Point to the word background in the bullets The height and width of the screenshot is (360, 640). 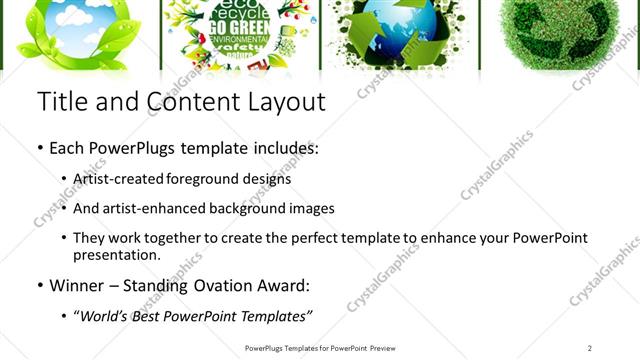click(240, 209)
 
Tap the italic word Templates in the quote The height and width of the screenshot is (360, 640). click(275, 316)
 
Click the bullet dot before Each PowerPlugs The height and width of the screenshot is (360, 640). click(40, 148)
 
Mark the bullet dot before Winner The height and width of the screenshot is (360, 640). click(40, 286)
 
